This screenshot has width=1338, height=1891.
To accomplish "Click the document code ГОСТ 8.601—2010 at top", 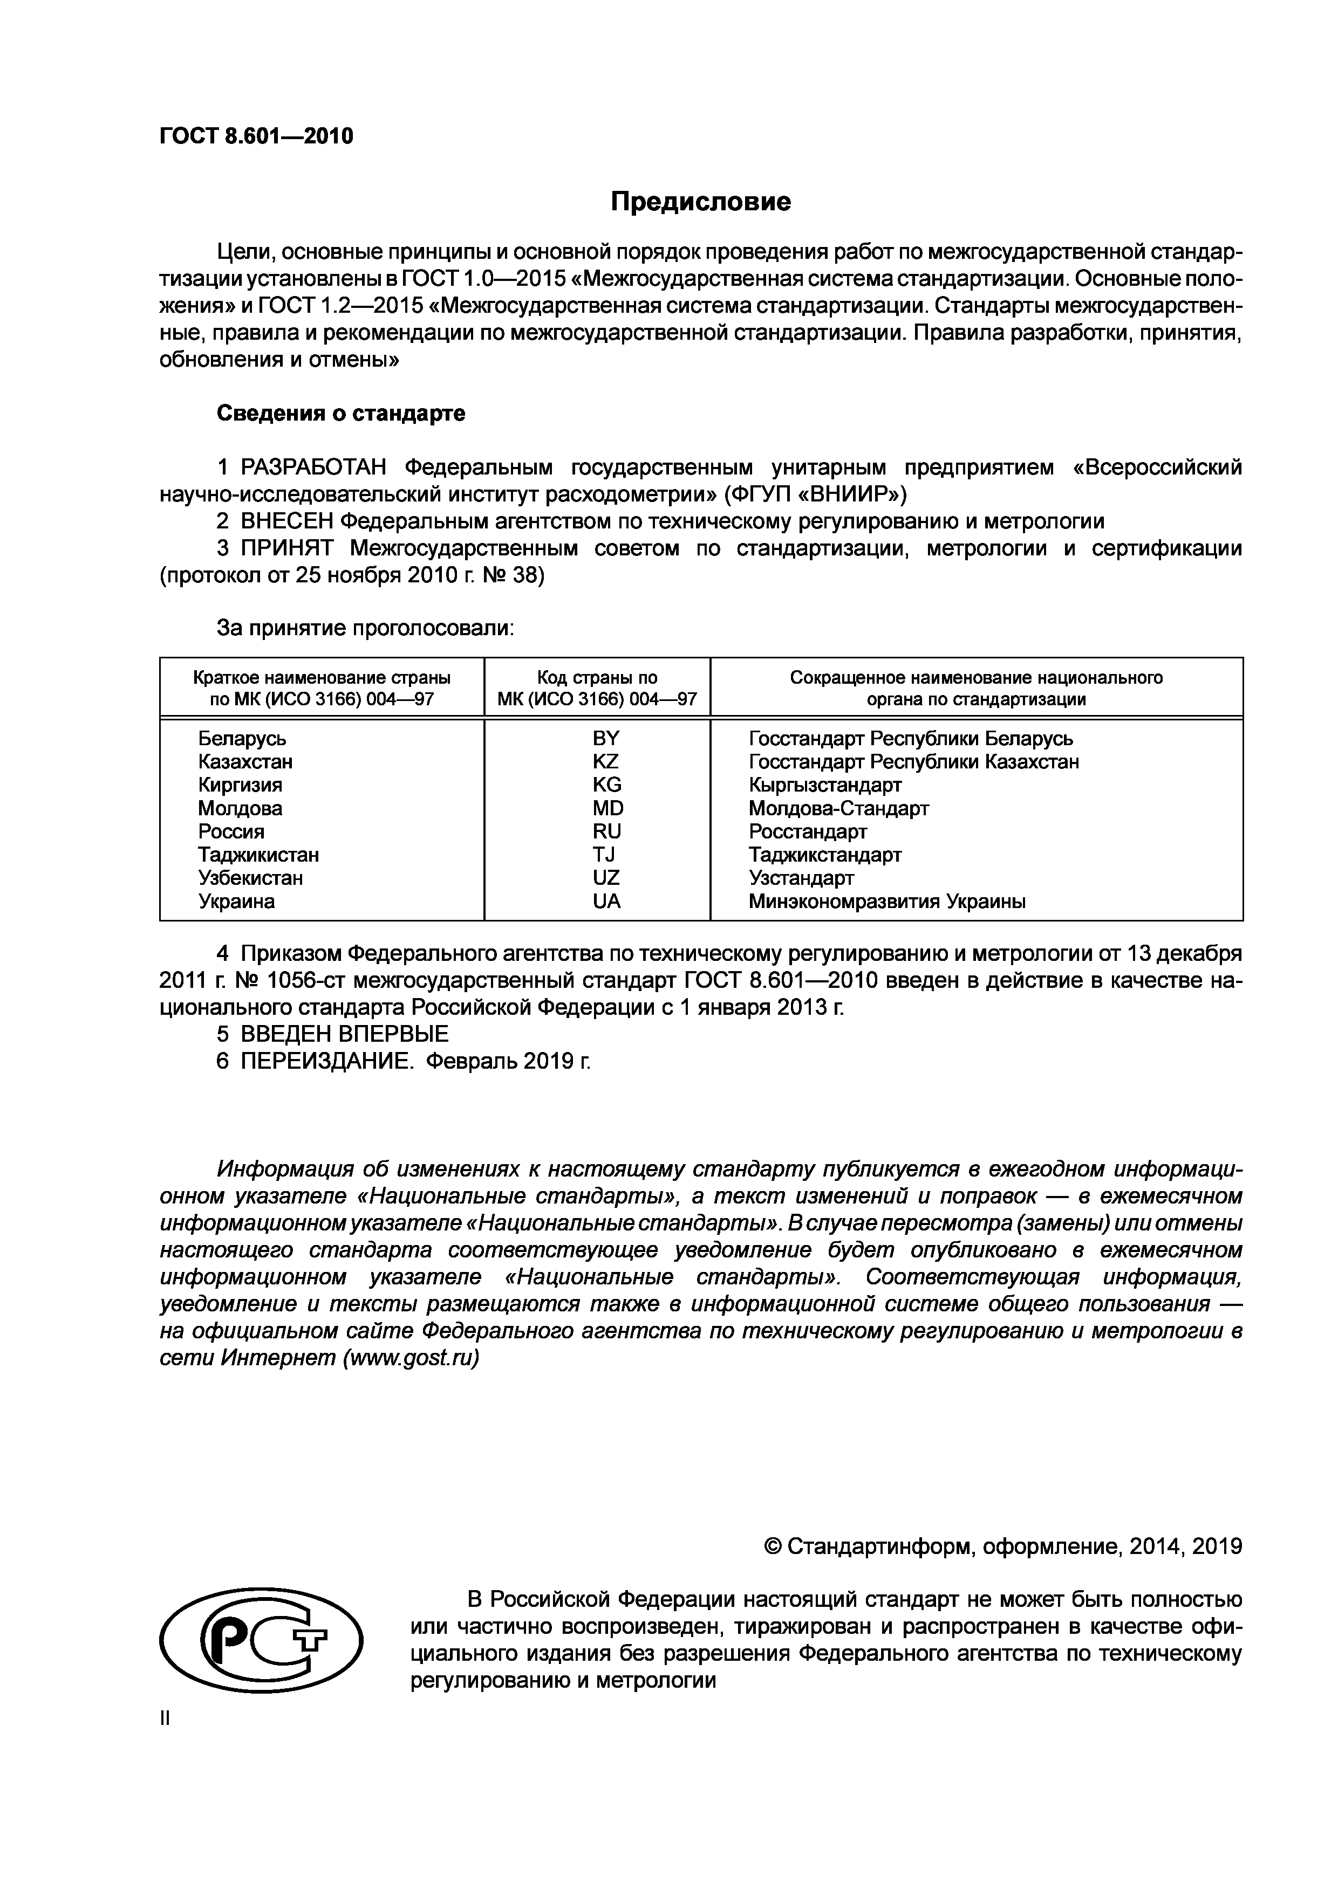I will [256, 136].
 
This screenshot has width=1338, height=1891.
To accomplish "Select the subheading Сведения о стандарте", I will [340, 414].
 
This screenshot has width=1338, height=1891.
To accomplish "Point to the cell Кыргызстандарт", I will [825, 785].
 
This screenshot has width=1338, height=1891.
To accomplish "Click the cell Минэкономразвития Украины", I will [886, 902].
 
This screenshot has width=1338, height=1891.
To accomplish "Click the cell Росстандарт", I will [808, 832].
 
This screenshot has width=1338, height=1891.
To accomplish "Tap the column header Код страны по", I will [597, 678].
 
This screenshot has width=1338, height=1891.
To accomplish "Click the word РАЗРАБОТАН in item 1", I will [313, 468].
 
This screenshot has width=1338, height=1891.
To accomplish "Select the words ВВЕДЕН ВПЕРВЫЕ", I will [344, 1034].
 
